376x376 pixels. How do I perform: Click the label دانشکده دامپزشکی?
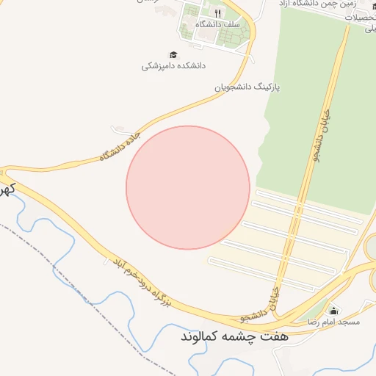(173, 66)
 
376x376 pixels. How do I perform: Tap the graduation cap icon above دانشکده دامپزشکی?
(173, 54)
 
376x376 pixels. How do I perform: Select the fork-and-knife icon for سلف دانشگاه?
(217, 13)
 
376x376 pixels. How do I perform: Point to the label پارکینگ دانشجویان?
(247, 87)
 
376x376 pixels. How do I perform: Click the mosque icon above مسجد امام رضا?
(334, 311)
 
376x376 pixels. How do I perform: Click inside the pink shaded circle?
(188, 187)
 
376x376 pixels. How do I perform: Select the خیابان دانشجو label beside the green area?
(319, 136)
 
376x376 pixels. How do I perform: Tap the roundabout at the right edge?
(372, 247)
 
